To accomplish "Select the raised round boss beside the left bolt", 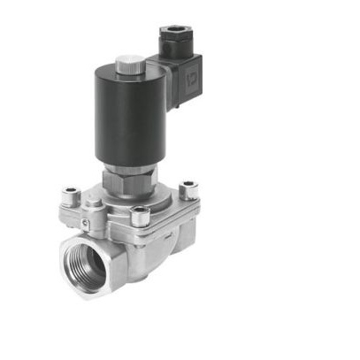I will click(x=92, y=201).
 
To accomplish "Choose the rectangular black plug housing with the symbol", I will click(x=181, y=80).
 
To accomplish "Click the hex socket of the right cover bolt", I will click(x=188, y=186).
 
